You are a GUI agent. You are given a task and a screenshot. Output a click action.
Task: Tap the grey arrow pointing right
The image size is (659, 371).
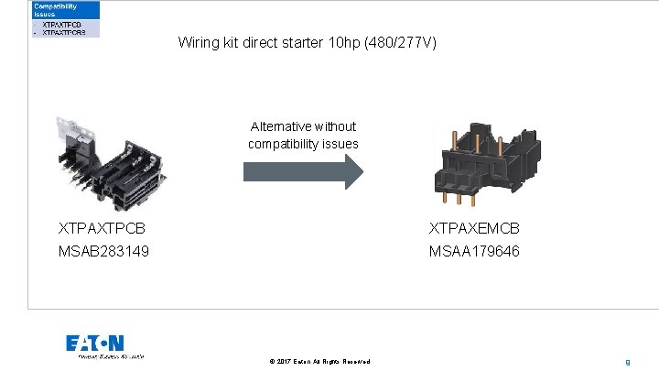(303, 172)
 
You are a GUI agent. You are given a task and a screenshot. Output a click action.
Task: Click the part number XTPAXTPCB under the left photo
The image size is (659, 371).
(102, 228)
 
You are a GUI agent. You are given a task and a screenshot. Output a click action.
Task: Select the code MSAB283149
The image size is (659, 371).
(104, 250)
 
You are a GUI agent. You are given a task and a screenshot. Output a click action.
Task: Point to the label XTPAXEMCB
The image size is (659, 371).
(474, 228)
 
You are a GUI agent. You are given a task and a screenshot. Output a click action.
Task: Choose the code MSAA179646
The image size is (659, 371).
(474, 250)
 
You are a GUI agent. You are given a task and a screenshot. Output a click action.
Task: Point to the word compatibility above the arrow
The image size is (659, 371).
(283, 144)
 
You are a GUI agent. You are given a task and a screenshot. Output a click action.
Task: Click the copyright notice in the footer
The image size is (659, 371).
(320, 362)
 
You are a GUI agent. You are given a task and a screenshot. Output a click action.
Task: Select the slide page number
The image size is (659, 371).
(627, 362)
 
